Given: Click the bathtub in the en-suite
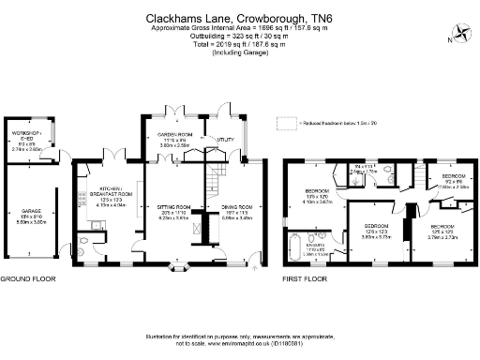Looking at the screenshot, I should point(296,249).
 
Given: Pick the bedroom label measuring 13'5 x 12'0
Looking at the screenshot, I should point(316,196).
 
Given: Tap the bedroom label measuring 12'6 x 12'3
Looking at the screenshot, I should point(377,231).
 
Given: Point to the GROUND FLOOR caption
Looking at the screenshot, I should point(27,279).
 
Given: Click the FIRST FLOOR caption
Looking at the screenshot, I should point(305,279).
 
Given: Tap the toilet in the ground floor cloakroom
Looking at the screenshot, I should point(84,249).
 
